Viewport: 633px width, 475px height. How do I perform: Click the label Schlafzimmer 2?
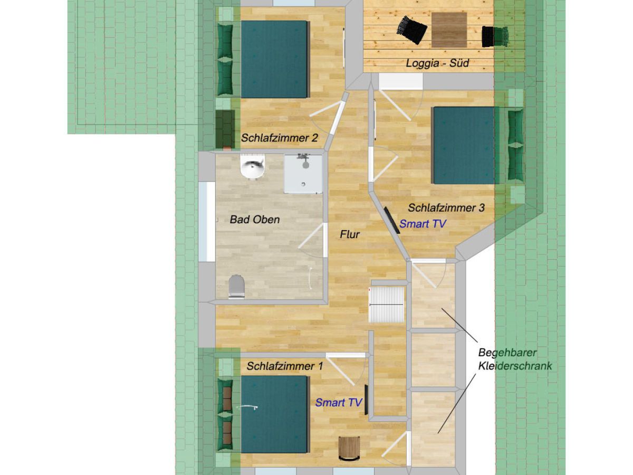click(279, 138)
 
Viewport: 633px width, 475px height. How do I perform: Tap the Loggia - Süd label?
click(437, 63)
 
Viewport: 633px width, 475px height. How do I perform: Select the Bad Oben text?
click(255, 220)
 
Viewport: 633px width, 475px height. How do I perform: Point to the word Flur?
click(350, 234)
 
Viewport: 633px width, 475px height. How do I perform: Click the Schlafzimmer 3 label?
click(446, 207)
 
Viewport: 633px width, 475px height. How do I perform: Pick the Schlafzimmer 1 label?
click(285, 366)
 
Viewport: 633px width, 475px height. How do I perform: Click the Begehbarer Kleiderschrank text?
click(515, 359)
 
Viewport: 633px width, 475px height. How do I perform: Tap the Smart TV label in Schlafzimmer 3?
click(423, 223)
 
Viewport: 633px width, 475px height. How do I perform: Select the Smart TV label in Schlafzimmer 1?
click(339, 402)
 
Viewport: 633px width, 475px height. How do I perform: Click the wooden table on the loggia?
click(449, 30)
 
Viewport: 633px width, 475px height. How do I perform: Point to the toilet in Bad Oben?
click(236, 287)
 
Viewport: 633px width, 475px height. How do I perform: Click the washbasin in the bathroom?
click(253, 166)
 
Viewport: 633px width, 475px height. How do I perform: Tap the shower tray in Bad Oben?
click(303, 174)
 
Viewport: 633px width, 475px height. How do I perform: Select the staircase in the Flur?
click(387, 305)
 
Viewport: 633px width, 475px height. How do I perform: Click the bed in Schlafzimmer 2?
click(275, 59)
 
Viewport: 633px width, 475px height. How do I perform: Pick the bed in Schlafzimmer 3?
click(465, 145)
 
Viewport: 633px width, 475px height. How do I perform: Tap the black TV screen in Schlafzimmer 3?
click(391, 220)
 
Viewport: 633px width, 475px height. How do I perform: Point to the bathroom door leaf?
click(311, 236)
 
